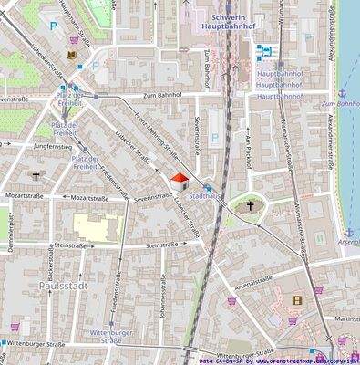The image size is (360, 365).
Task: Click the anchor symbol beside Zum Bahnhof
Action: click(342, 93)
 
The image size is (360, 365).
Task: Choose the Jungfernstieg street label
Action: click(52, 145)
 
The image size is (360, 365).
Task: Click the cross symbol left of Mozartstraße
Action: click(36, 175)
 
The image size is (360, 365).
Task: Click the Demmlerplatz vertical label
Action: click(11, 232)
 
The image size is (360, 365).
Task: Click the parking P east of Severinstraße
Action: click(215, 139)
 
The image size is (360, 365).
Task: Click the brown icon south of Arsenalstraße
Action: click(296, 299)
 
